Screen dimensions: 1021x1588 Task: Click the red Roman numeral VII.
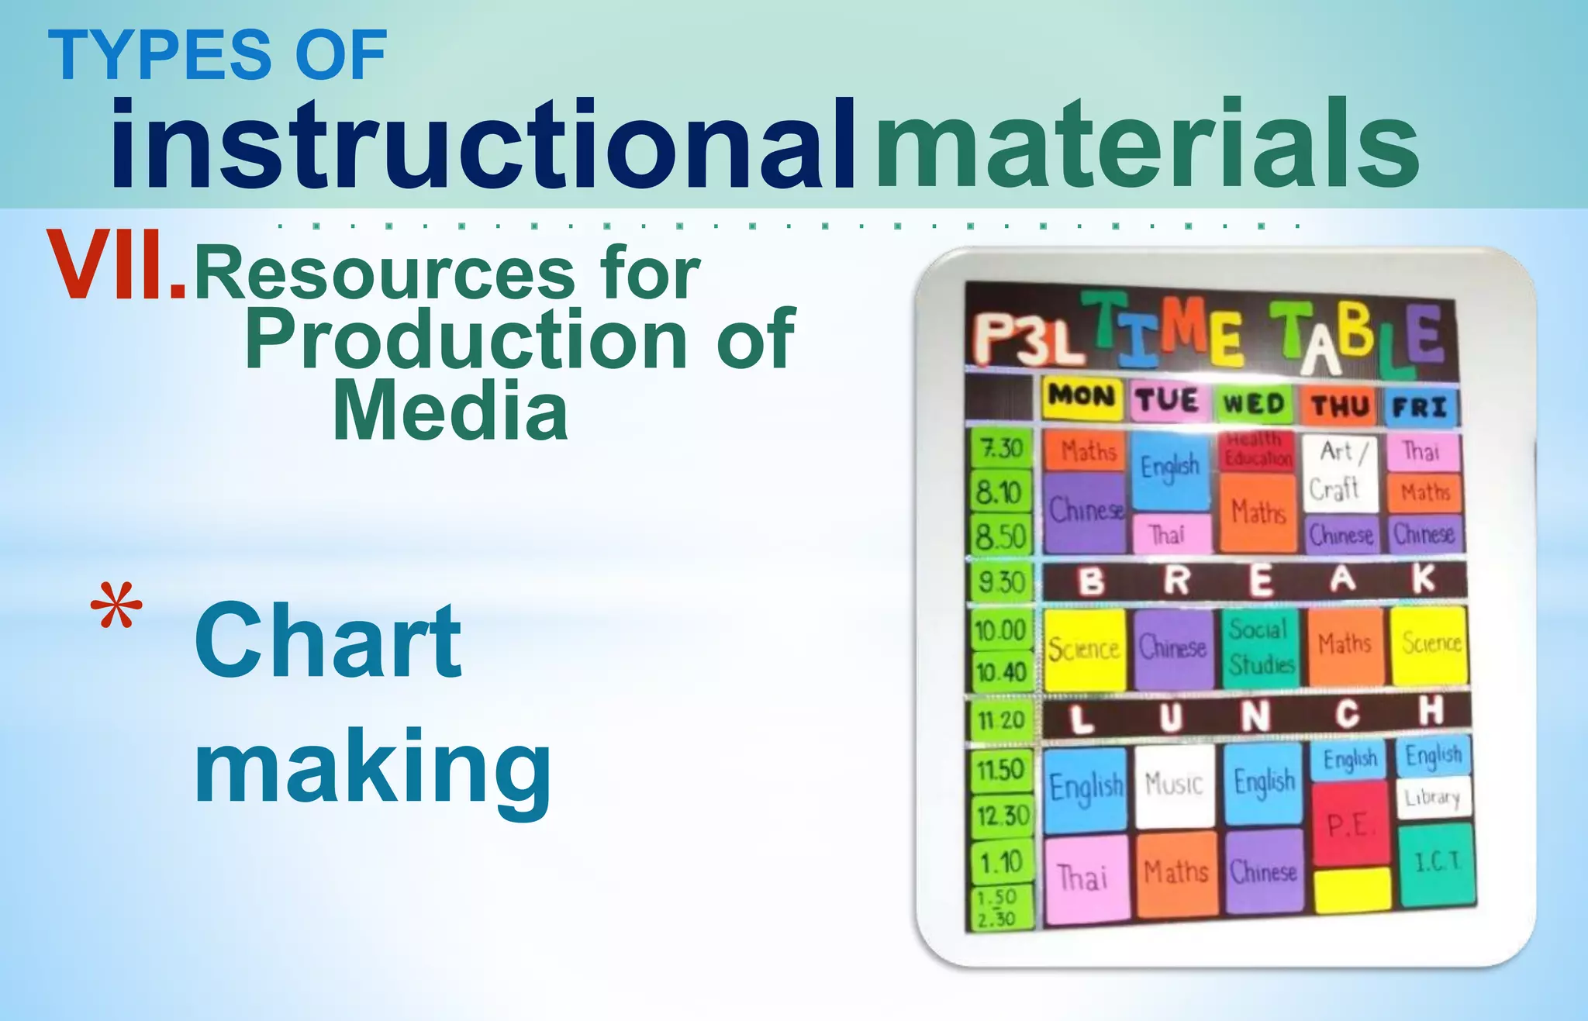pyautogui.click(x=116, y=265)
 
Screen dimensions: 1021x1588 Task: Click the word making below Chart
pyautogui.click(x=372, y=768)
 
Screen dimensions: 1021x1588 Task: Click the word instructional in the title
pyautogui.click(x=482, y=145)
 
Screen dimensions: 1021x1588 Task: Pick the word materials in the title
pyautogui.click(x=1147, y=145)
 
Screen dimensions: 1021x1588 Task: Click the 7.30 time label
pyautogui.click(x=1001, y=448)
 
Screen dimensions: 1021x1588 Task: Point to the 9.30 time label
pyautogui.click(x=1001, y=581)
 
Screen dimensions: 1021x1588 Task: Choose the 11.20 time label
pyautogui.click(x=1001, y=720)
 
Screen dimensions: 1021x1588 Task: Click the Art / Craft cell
pyautogui.click(x=1339, y=471)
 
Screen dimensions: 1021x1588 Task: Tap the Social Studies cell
pyautogui.click(x=1261, y=647)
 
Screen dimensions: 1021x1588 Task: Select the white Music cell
pyautogui.click(x=1174, y=785)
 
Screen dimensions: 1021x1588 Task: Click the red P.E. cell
pyautogui.click(x=1349, y=824)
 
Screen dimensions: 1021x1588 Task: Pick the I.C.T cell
pyautogui.click(x=1437, y=863)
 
